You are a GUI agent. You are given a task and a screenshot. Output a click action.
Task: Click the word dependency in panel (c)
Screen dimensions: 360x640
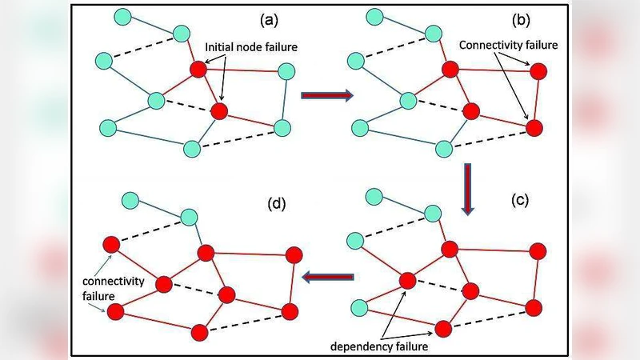pyautogui.click(x=353, y=346)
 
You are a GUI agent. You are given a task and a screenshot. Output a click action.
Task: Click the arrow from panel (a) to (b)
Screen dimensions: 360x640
pyautogui.click(x=326, y=96)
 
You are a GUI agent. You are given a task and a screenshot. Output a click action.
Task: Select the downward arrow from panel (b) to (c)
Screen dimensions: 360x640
pyautogui.click(x=468, y=189)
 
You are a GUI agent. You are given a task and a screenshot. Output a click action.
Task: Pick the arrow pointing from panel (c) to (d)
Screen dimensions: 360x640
pyautogui.click(x=328, y=277)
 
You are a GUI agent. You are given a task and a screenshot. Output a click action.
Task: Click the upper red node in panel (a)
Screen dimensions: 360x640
pyautogui.click(x=199, y=70)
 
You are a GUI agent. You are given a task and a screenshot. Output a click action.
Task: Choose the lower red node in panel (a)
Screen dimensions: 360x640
pyautogui.click(x=219, y=110)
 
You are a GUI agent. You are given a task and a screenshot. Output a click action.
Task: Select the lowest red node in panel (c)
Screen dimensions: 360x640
pyautogui.click(x=444, y=328)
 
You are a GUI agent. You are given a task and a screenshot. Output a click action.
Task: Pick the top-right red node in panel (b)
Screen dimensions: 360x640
pyautogui.click(x=538, y=71)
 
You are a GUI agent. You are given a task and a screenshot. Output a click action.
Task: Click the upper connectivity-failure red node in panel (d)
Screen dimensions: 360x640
pyautogui.click(x=110, y=243)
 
